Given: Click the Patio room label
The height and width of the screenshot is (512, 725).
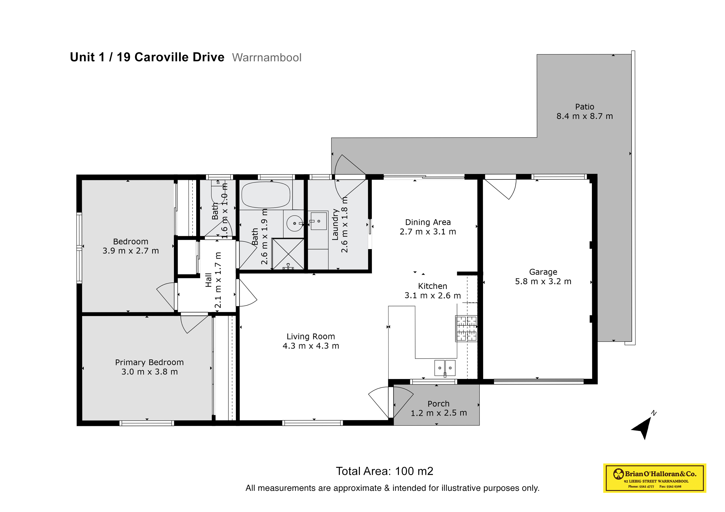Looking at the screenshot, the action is coord(584,107).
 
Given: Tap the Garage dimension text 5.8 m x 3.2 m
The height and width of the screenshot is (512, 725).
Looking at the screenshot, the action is coord(543,281).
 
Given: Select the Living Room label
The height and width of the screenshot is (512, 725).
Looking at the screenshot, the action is coord(311,337).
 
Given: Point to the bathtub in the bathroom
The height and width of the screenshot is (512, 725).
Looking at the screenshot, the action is coord(266,195).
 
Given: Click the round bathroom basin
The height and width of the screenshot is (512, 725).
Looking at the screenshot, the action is coord(295,223).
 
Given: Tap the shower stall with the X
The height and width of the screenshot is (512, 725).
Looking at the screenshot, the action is coord(288,254).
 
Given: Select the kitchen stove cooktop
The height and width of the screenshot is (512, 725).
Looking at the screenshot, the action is coord(466,329).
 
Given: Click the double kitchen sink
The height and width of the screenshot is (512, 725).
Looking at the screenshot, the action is coord(445,368).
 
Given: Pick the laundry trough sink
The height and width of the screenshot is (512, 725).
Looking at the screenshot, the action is coord(318,221).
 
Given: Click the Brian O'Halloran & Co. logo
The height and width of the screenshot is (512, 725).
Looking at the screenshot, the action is coord(654,478).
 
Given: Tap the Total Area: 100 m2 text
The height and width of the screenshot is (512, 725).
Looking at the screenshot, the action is coord(384,471).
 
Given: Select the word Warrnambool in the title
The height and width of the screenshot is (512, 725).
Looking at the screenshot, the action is coord(266,58).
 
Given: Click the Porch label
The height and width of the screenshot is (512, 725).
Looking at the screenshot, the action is coord(438,404).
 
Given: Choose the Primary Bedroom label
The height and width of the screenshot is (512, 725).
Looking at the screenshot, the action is coord(149,363).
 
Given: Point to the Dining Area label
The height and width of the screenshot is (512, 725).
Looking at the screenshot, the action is coord(428,222).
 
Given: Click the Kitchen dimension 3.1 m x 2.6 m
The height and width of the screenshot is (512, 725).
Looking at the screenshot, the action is coord(433,296).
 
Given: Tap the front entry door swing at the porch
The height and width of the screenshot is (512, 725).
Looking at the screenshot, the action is coord(390,402).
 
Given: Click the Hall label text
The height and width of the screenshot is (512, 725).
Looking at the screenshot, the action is coord(208,280).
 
